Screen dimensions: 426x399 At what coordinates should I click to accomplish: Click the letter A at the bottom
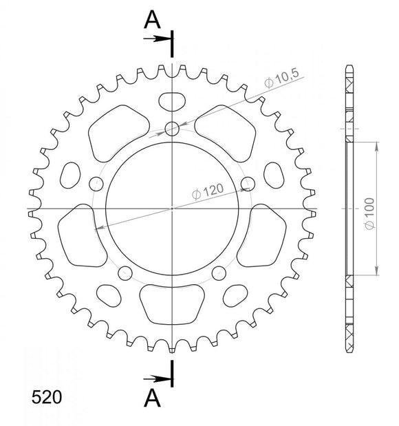point(153,398)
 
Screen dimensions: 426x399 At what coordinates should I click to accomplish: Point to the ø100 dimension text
point(369,215)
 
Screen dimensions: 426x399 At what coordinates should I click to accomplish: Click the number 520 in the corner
point(46,398)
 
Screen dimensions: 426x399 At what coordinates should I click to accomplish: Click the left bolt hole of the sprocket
point(96,184)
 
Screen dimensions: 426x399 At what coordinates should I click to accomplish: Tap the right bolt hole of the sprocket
point(248,184)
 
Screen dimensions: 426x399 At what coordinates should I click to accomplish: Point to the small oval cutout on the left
point(71,175)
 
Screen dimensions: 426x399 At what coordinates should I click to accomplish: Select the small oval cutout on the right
point(273,175)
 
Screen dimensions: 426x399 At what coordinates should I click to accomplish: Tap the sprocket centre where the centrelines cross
point(172,208)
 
